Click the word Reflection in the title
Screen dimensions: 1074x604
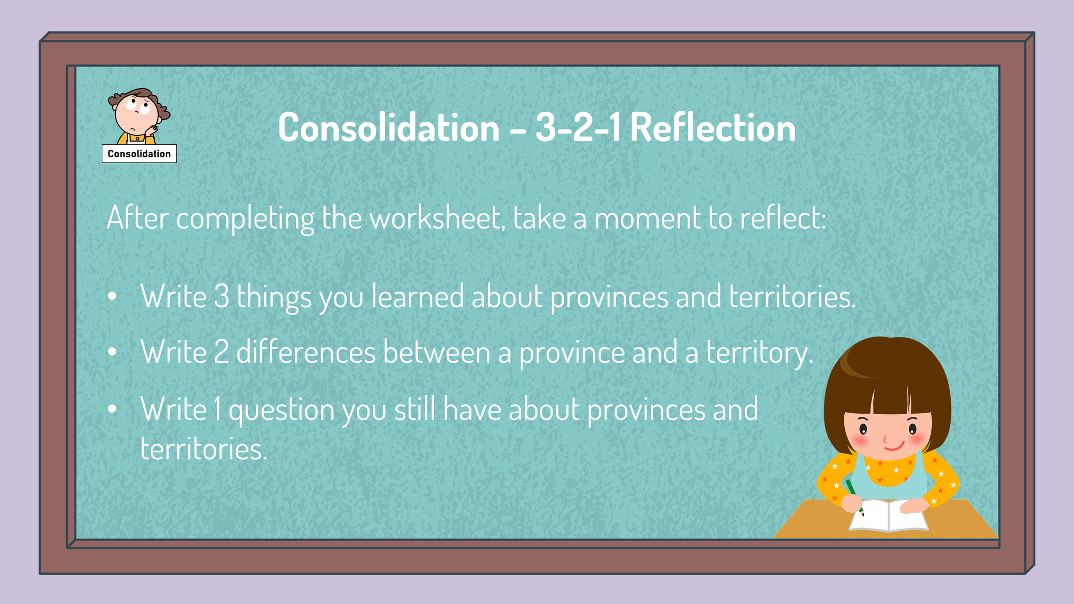(713, 127)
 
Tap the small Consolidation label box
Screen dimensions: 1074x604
(139, 154)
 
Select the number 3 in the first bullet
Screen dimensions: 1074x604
(221, 297)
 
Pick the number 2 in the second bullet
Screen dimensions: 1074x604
(222, 352)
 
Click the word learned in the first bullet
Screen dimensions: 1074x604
(418, 297)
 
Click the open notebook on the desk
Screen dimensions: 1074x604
(888, 515)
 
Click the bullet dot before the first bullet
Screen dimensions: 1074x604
(112, 297)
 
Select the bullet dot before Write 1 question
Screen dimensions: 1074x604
(112, 409)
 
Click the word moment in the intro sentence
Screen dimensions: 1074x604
(647, 218)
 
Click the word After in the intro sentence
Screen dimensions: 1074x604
(137, 217)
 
